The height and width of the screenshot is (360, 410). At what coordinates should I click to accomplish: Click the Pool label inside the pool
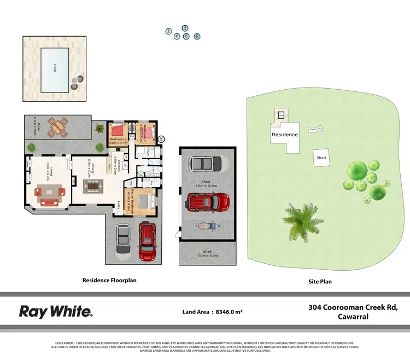[55, 68]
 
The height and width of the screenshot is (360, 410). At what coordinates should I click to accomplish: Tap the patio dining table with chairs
[57, 127]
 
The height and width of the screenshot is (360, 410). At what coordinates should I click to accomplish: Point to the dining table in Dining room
[93, 186]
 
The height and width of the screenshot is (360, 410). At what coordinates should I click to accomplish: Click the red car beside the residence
[147, 241]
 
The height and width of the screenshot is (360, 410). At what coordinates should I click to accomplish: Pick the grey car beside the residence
[124, 241]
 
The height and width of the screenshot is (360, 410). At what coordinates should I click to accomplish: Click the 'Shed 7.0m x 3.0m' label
[207, 253]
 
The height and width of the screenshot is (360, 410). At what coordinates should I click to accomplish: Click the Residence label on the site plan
[285, 135]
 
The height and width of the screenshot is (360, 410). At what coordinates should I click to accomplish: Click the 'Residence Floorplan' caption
[109, 280]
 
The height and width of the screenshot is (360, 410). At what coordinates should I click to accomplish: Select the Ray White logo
[56, 312]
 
